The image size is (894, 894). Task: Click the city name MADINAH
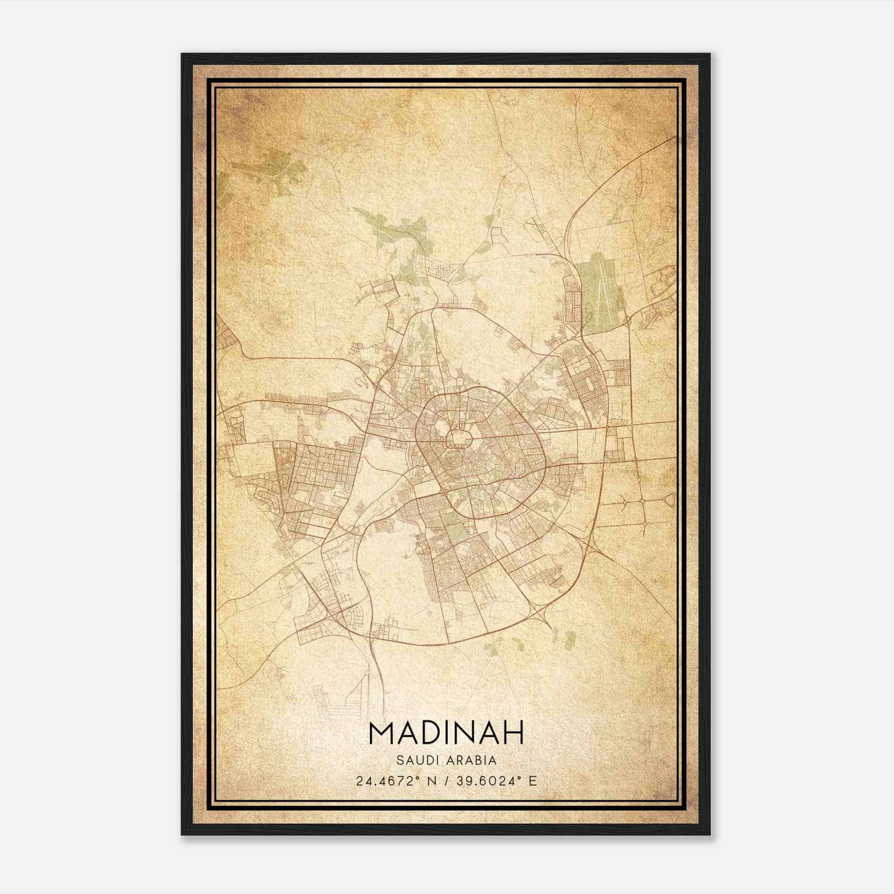point(446,733)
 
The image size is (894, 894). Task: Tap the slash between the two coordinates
point(445,781)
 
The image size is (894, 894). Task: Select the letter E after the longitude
point(532,781)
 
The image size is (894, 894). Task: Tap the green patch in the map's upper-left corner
point(268,165)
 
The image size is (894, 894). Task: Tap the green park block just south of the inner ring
point(455,522)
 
